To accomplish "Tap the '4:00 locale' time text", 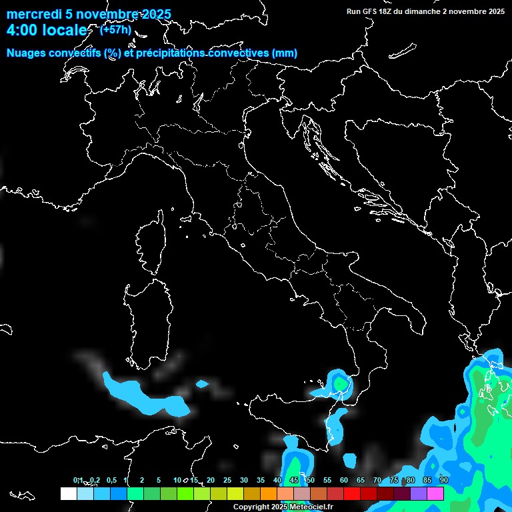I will [x=46, y=31].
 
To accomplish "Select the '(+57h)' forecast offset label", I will [x=115, y=29].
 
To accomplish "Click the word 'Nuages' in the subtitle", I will [x=27, y=53].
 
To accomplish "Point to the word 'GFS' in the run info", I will [x=369, y=11].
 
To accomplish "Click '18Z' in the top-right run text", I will [x=385, y=11].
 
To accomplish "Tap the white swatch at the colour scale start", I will [x=68, y=493].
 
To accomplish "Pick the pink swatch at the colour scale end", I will [x=435, y=493].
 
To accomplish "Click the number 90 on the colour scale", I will [x=444, y=480].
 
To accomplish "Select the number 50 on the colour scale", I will [x=311, y=480].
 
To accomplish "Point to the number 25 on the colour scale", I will [x=227, y=480].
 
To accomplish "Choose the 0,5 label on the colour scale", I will [x=111, y=480].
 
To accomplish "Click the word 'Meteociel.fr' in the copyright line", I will [x=311, y=507].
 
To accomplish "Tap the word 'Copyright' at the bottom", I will [x=251, y=507].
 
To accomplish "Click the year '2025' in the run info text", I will [x=495, y=11].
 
